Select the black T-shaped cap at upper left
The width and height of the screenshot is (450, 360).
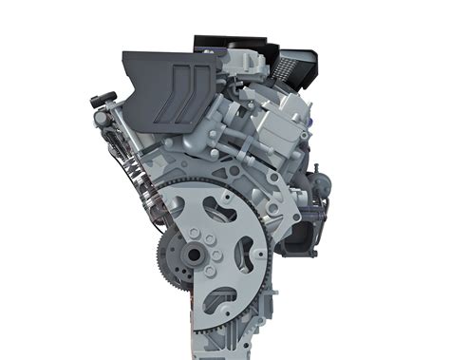pyautogui.click(x=103, y=98)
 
